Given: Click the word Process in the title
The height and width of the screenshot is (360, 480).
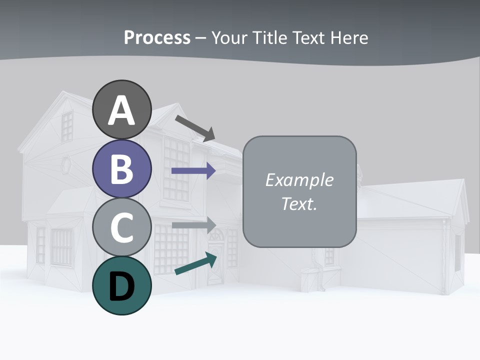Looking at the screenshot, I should click(x=157, y=37).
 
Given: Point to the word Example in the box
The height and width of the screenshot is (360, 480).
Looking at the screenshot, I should click(x=299, y=180).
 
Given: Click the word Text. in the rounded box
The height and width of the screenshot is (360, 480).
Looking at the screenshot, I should click(x=299, y=204).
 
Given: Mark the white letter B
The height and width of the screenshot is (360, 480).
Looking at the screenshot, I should click(x=122, y=169).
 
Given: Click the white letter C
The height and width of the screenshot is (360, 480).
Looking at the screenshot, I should click(x=122, y=228).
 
